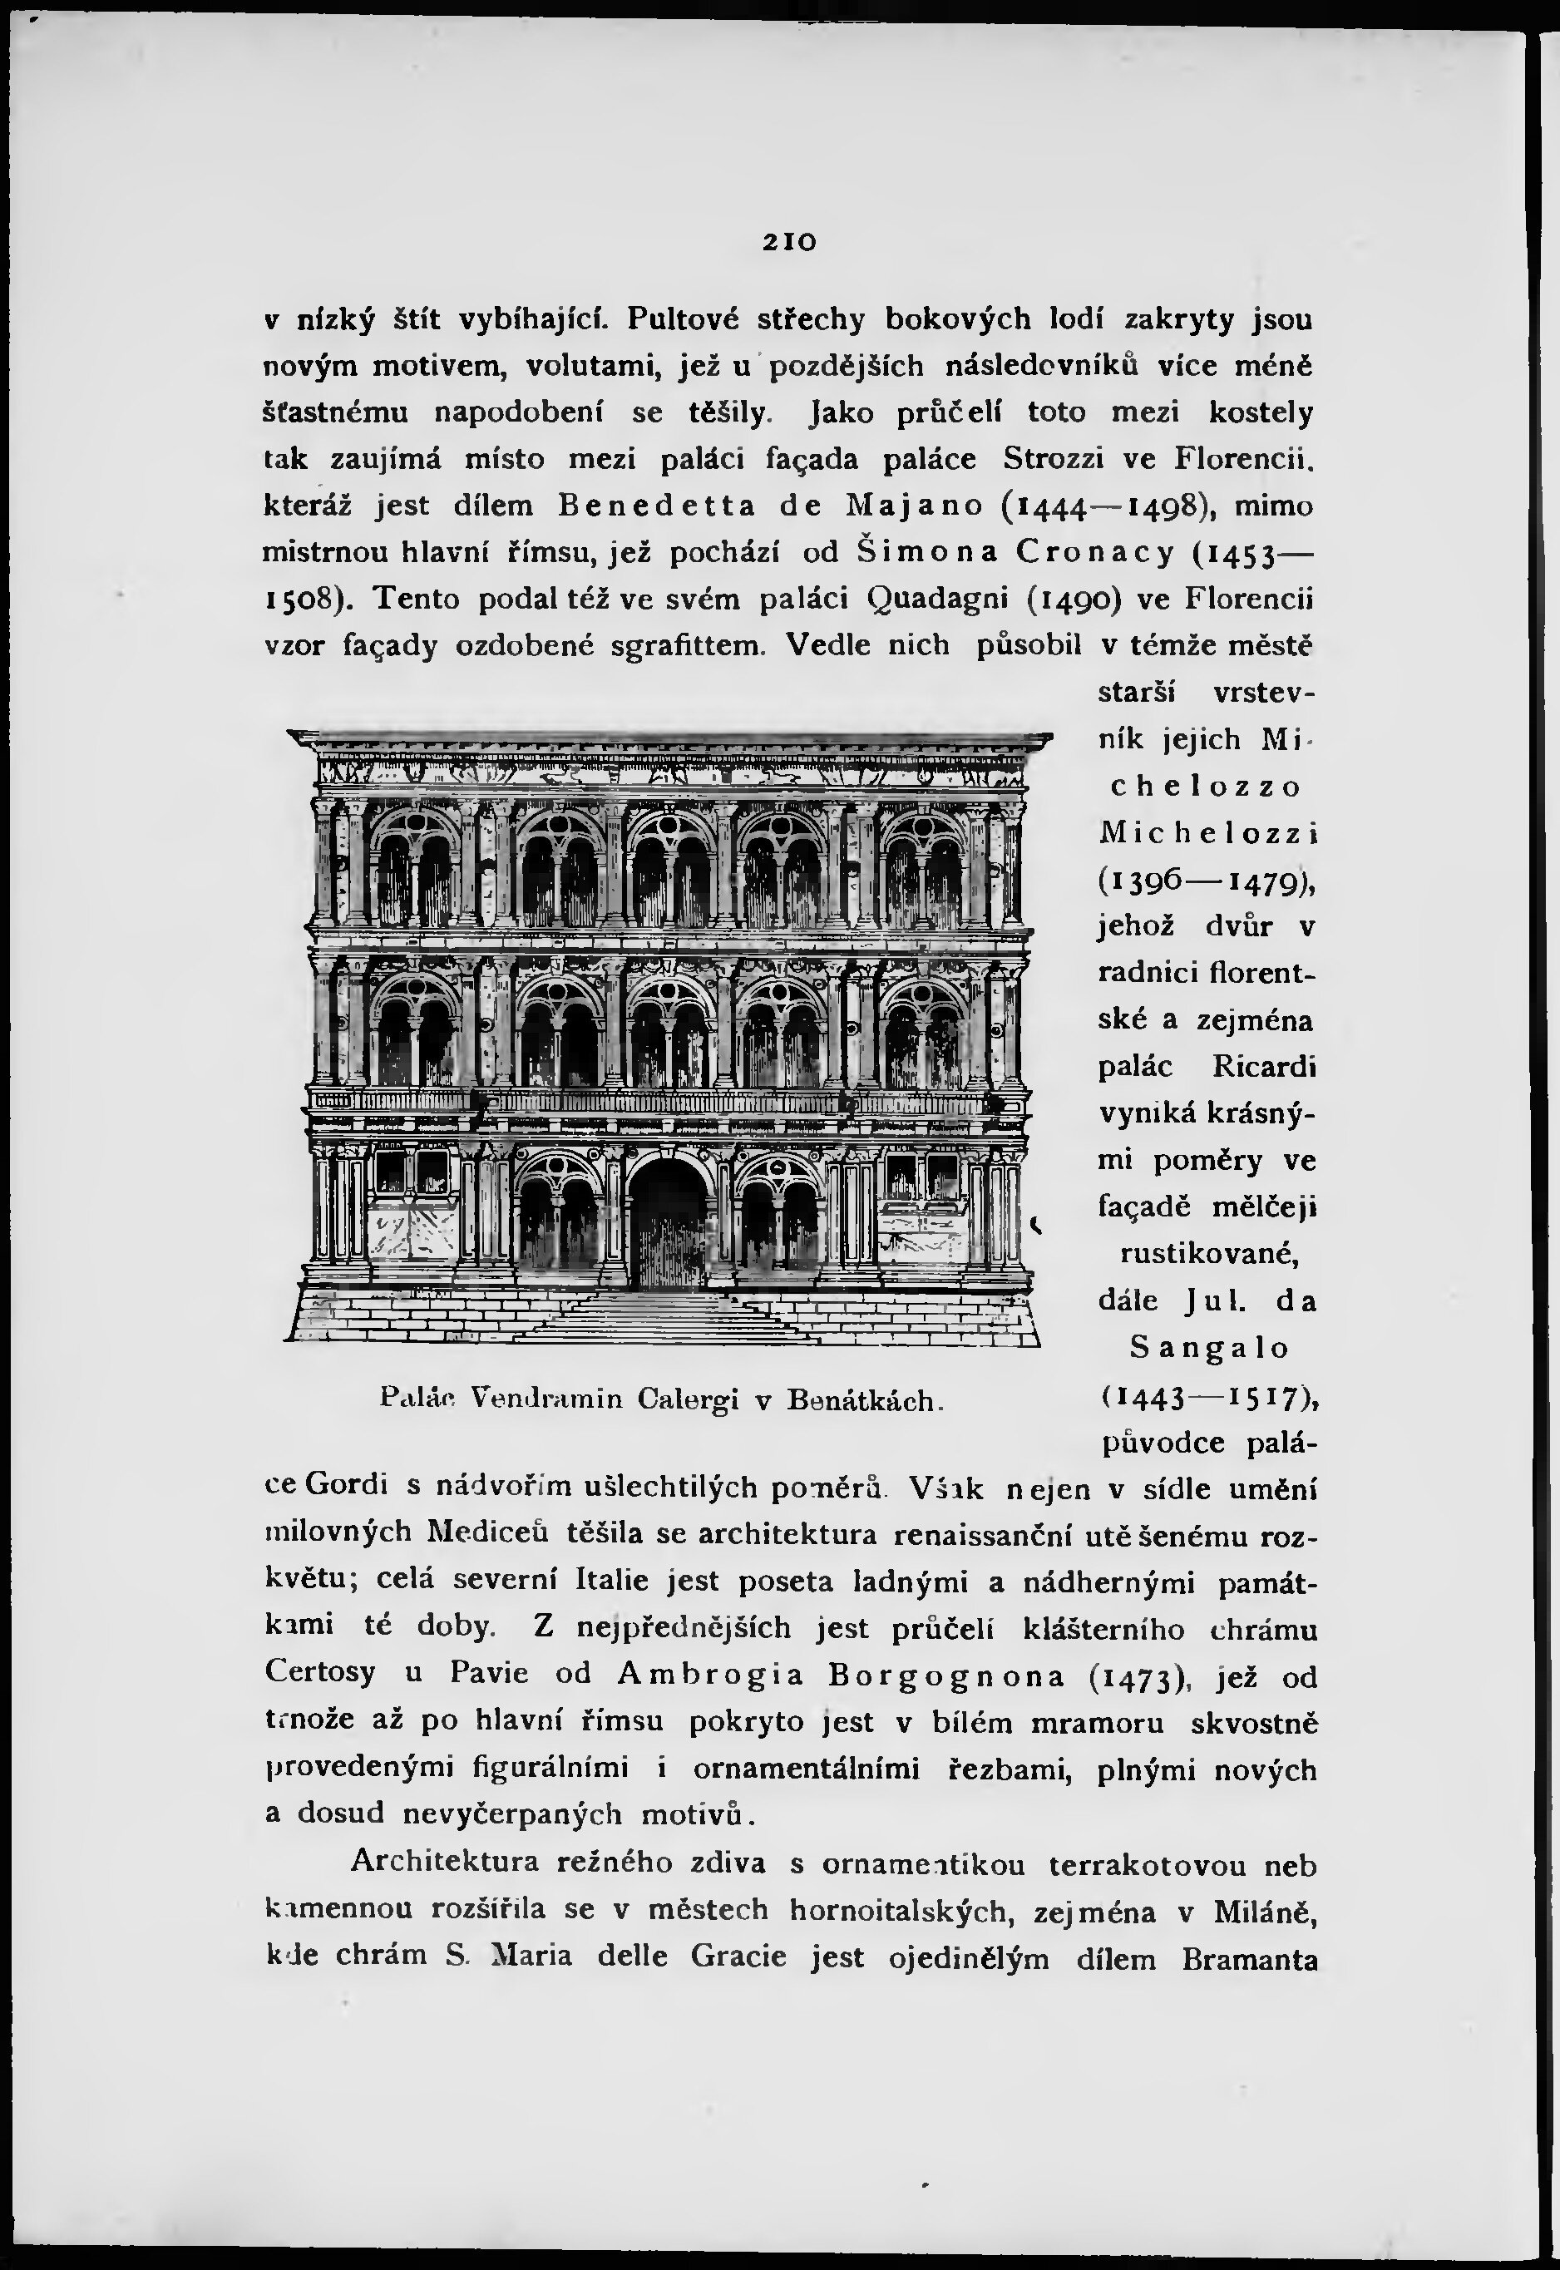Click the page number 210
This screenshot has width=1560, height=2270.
(790, 240)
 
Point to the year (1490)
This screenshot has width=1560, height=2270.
(1096, 599)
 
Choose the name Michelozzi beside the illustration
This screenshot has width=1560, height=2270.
(1208, 832)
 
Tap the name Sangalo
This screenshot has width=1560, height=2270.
(1210, 1349)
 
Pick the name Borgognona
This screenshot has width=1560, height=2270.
(946, 1675)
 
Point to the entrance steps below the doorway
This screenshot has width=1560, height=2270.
(669, 1315)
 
